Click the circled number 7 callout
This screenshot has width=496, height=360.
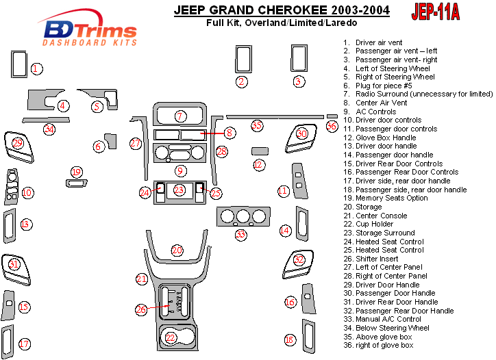tap(179, 116)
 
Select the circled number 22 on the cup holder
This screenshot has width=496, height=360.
tap(171, 337)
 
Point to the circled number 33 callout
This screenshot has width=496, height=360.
tap(240, 235)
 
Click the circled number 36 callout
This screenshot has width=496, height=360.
tap(332, 126)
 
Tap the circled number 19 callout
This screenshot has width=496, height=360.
tap(76, 172)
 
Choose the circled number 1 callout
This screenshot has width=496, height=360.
tap(38, 68)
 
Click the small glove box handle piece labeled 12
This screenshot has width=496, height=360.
tap(259, 151)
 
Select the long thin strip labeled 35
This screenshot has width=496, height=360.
tap(274, 117)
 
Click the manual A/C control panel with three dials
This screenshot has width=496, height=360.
tap(241, 218)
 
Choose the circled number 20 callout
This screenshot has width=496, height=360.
tap(177, 250)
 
